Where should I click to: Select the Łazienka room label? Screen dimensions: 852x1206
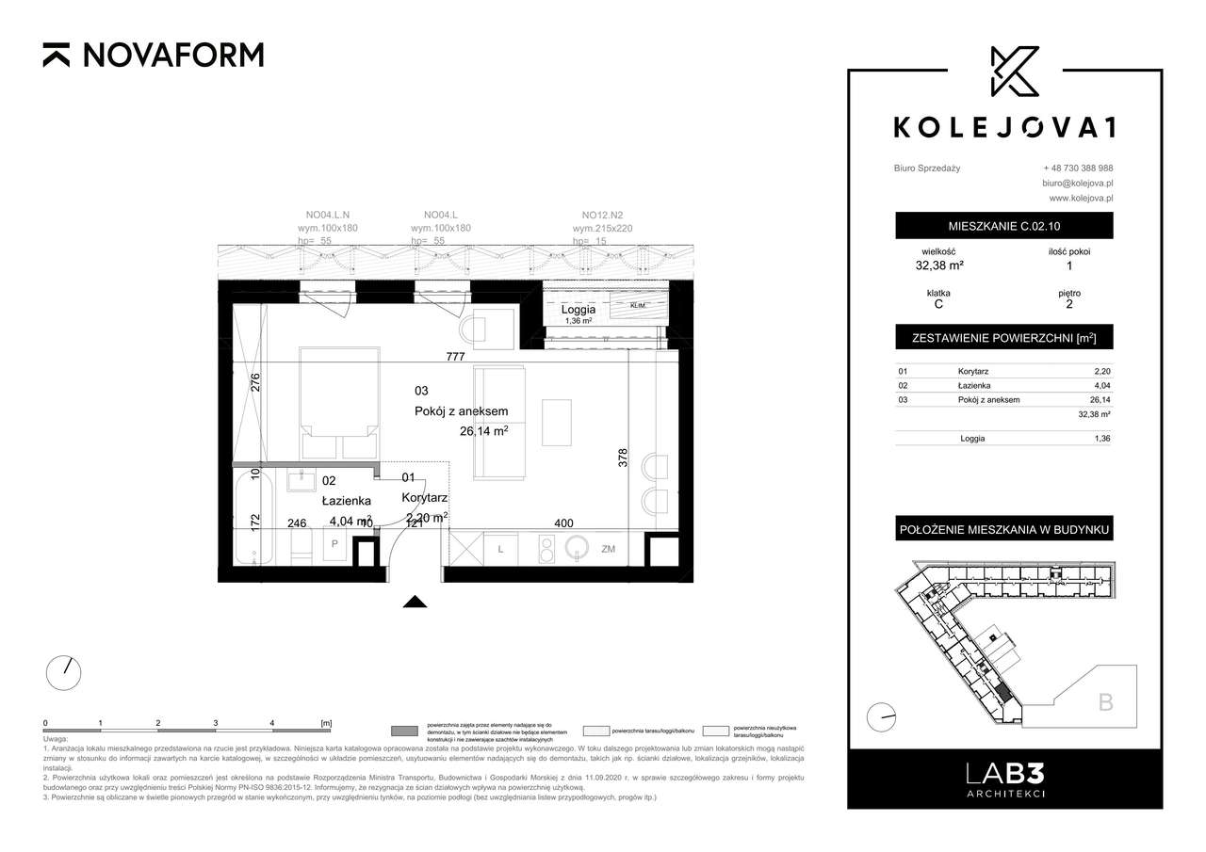(346, 501)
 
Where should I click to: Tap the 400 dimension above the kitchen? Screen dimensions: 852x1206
(564, 523)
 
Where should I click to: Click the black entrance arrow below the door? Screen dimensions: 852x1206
(416, 603)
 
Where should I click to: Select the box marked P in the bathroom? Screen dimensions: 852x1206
(334, 545)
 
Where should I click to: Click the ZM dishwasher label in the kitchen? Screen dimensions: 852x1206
(609, 548)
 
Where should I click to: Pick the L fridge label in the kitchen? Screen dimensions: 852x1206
(501, 548)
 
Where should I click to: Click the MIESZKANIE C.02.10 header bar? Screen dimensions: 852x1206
(1003, 226)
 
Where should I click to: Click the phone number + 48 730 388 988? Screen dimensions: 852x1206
(1077, 168)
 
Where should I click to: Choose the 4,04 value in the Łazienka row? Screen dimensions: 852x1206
(1101, 386)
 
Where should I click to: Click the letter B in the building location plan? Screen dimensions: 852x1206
(1105, 700)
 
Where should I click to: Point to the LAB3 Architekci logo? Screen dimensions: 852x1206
(1003, 778)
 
